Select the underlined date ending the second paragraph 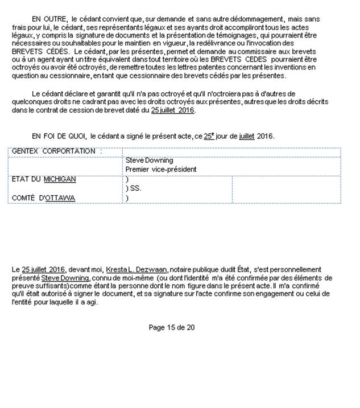coord(173,110)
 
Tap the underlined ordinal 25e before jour coord(209,137)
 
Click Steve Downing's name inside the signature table coord(149,160)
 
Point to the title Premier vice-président coord(161,170)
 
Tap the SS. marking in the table coord(134,188)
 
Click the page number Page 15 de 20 coord(172,328)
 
